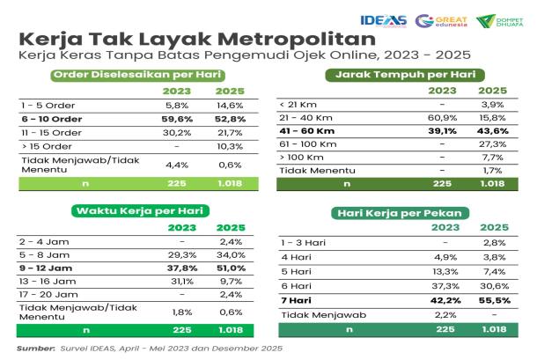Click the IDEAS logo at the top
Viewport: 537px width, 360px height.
pos(383,20)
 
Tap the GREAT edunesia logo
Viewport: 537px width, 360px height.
pos(441,21)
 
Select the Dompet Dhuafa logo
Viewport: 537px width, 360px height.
pos(500,21)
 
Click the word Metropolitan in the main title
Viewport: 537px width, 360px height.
pos(297,39)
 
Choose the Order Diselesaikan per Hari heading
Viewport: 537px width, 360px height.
pos(137,75)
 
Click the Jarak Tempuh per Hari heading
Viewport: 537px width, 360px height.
pos(405,75)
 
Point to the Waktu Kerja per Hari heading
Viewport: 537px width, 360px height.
pos(140,210)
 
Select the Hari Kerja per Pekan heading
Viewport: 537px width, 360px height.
pos(400,213)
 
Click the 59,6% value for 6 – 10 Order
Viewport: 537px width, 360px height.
pos(177,119)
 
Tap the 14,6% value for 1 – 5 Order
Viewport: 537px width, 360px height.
pos(230,106)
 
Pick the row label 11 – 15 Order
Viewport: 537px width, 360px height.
pos(51,133)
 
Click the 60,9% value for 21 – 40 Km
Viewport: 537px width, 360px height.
pos(442,118)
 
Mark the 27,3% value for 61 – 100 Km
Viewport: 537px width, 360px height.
pos(492,144)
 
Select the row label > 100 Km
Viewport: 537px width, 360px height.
pos(301,158)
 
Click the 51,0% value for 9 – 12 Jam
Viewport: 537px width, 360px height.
pos(232,268)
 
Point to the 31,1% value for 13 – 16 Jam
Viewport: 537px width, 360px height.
pos(182,282)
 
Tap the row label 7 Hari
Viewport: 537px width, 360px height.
pos(297,300)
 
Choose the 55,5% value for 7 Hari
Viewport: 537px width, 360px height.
pos(495,300)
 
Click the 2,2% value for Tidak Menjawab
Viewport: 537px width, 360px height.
pos(445,315)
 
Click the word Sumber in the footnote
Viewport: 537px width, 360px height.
pos(36,349)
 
